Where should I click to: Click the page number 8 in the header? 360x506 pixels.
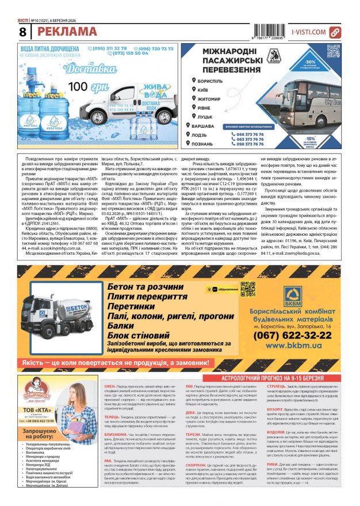(22, 32)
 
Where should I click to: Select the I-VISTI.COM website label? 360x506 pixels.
(308, 33)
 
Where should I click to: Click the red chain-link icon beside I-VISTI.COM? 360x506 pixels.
(335, 33)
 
